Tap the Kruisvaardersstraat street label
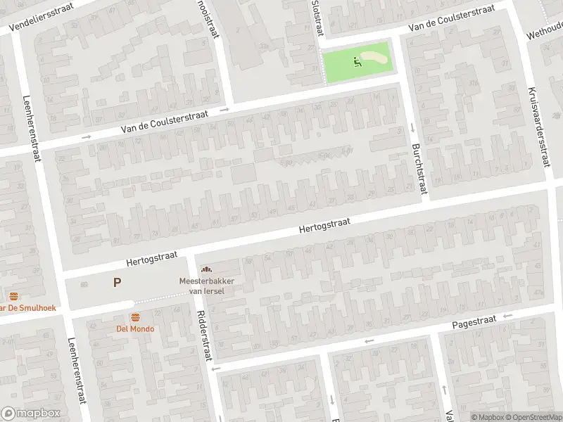(538, 127)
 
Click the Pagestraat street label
(474, 322)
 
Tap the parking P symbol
(117, 283)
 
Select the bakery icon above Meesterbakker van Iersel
(206, 269)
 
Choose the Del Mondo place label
(135, 328)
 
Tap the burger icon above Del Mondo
(135, 316)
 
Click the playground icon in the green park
(358, 61)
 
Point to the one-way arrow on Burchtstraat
(412, 127)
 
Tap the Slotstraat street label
(317, 18)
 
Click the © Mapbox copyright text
(487, 417)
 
